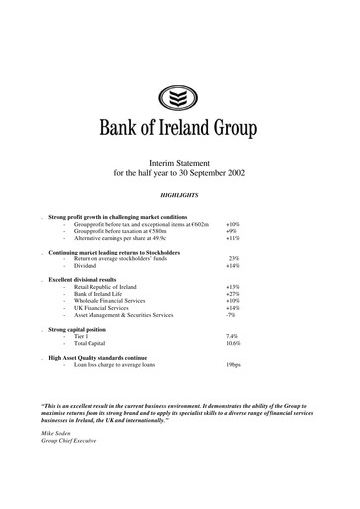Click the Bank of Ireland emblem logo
click(x=180, y=97)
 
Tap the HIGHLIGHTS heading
click(x=180, y=196)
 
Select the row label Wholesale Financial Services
click(x=114, y=301)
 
